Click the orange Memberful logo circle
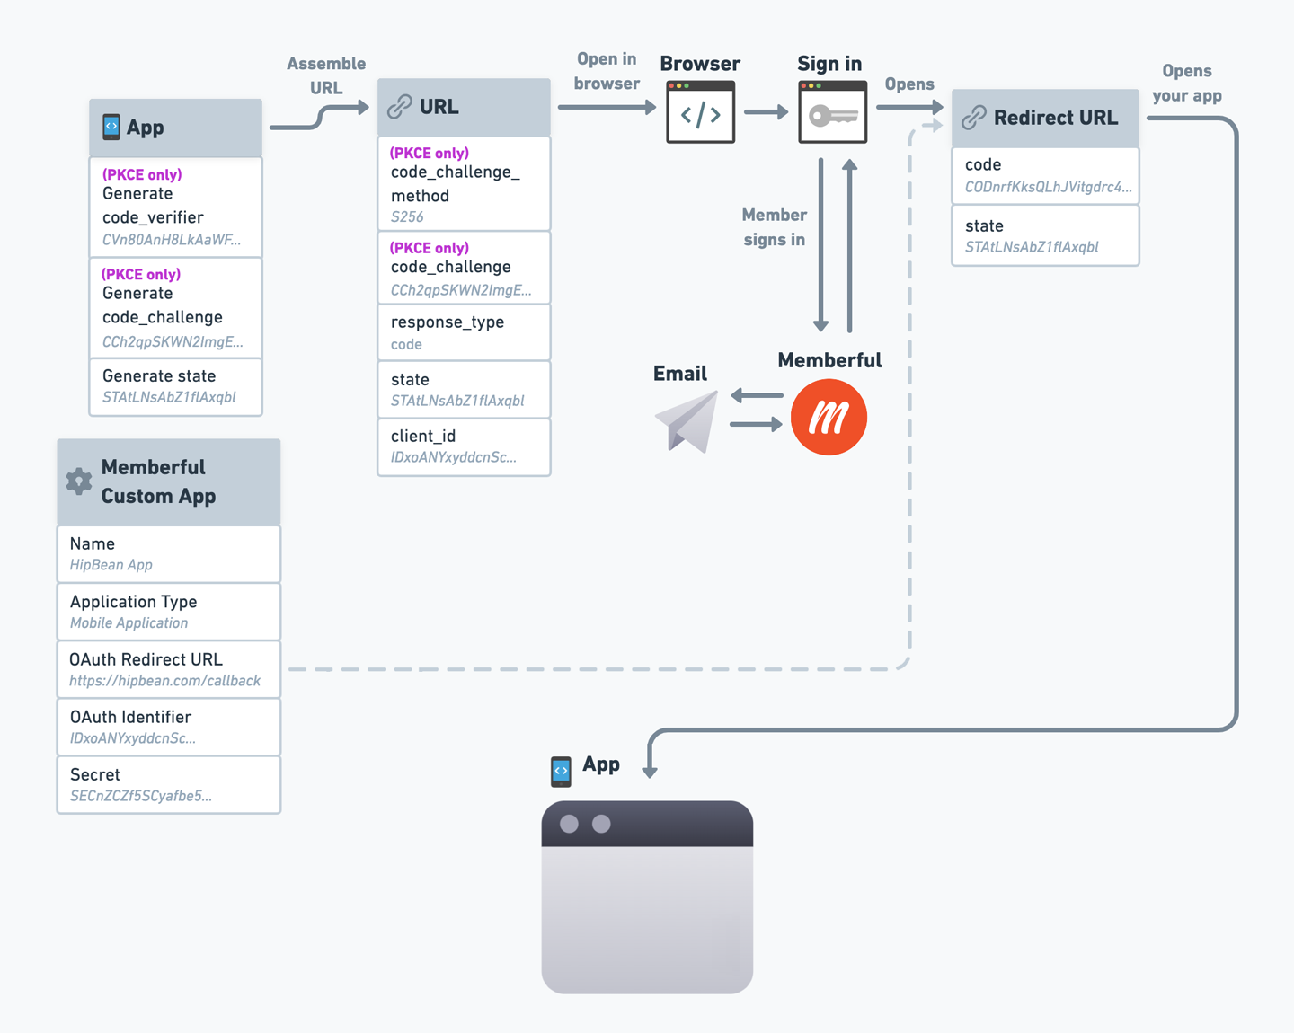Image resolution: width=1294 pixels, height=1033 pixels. click(829, 417)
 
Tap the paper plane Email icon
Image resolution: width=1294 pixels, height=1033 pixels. click(687, 421)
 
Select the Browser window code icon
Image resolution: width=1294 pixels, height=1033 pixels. click(700, 112)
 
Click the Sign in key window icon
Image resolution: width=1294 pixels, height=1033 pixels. click(832, 112)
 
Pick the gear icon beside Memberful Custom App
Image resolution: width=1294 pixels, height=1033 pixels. click(79, 481)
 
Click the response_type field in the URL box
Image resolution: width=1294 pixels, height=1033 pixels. click(464, 332)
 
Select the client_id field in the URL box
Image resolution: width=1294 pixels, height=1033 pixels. click(464, 446)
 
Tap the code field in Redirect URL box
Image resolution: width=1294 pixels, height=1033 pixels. click(1045, 175)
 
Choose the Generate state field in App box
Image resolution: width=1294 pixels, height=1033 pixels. click(175, 386)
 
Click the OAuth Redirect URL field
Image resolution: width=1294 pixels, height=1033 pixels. click(168, 669)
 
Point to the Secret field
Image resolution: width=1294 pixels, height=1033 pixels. click(168, 784)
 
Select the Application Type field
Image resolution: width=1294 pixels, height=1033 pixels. click(168, 612)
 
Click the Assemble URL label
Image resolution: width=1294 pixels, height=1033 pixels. click(325, 75)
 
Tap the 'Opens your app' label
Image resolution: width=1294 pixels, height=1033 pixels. click(1186, 84)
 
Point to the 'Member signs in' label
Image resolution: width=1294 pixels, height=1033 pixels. click(774, 227)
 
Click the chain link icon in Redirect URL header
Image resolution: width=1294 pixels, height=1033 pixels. click(974, 118)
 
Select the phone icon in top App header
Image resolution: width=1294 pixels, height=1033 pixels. click(111, 127)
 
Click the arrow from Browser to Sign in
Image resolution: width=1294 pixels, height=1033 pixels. click(766, 112)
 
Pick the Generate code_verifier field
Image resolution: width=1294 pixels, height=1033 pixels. click(175, 207)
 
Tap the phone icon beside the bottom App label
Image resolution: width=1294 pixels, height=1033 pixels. click(561, 771)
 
